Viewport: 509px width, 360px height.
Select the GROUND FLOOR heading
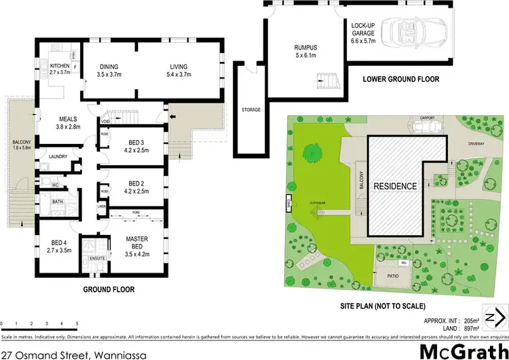[109, 289]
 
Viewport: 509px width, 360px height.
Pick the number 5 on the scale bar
[77, 323]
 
